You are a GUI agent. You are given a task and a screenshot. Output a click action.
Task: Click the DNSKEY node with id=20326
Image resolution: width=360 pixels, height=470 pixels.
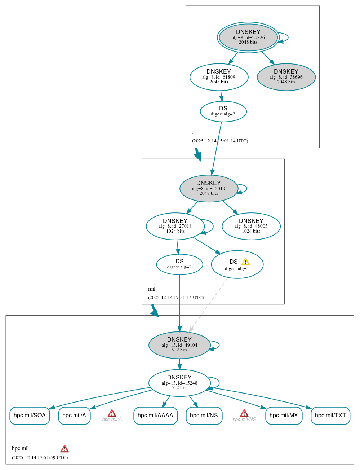click(248, 37)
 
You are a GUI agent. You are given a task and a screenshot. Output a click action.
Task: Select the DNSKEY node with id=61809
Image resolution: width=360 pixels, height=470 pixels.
click(219, 77)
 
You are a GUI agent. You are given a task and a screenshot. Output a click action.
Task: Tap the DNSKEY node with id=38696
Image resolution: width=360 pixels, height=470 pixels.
click(286, 77)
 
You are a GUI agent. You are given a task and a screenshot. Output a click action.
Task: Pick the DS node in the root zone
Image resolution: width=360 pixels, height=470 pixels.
click(223, 111)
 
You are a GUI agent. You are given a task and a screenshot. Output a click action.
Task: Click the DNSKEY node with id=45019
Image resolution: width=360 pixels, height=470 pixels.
click(209, 188)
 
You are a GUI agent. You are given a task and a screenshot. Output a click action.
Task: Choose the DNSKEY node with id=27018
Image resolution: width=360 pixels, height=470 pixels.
click(175, 226)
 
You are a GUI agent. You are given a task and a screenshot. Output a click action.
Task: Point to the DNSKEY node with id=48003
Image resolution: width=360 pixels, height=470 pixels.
click(251, 226)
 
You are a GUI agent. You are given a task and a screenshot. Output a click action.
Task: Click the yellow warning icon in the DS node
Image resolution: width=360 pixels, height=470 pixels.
click(245, 262)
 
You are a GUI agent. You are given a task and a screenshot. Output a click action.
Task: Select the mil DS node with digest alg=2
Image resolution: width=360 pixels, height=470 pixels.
click(179, 264)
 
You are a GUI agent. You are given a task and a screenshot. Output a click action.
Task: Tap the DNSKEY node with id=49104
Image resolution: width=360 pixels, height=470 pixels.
click(179, 345)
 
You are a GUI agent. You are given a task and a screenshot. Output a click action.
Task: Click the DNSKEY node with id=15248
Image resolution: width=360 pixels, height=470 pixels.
click(179, 383)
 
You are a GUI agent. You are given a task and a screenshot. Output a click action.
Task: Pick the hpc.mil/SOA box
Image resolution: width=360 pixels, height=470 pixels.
click(30, 416)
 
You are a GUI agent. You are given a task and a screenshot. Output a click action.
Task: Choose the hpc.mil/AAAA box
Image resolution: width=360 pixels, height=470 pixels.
click(155, 416)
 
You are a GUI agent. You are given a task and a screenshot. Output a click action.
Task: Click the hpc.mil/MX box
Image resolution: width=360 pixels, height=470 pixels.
click(284, 416)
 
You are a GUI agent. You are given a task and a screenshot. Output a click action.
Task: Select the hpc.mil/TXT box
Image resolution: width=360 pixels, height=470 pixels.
click(330, 416)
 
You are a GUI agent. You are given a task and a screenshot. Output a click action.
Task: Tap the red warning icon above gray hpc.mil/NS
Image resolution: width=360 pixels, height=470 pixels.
click(244, 413)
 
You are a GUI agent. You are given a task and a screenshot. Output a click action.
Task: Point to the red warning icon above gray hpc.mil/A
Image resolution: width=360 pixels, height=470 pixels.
click(112, 413)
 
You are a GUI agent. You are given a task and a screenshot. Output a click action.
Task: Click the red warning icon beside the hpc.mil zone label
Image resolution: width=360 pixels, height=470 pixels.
click(65, 449)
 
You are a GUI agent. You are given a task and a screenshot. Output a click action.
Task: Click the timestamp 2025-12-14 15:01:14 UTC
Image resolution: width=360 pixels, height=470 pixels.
click(220, 141)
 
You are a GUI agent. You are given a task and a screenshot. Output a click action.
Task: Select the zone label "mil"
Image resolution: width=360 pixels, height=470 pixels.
click(152, 289)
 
